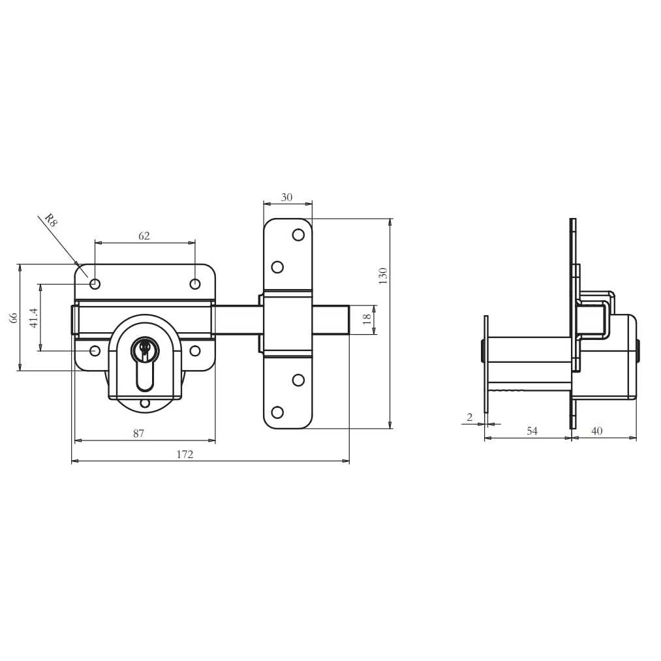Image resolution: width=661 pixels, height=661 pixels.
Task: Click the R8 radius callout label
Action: coord(51,220)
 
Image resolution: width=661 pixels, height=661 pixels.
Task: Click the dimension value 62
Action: coord(144,236)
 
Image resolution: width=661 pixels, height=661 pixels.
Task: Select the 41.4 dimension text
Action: coord(34,317)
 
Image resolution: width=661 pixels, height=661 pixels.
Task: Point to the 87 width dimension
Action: coord(138,433)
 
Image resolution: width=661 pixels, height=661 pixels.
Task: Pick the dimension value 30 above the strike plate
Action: coord(286,197)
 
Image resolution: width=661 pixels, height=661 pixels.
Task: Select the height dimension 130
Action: coord(384,275)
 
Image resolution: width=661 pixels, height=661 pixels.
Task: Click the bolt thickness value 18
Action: coord(367,319)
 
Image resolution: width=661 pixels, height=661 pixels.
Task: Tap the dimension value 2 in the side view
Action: coord(469,417)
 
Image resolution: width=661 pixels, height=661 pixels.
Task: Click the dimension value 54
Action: coord(532,431)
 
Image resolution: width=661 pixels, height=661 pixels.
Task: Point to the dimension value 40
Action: coord(596,431)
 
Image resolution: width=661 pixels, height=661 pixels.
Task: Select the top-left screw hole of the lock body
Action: coord(95,284)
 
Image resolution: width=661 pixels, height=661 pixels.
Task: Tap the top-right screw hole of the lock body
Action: coord(195,284)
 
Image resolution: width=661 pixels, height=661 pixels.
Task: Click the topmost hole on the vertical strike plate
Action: coord(298,235)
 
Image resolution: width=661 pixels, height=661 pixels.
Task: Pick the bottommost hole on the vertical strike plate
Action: coord(277,412)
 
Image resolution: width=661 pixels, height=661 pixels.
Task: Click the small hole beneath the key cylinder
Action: coord(145,403)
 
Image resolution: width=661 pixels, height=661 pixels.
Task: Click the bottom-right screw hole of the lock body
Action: coord(195,351)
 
